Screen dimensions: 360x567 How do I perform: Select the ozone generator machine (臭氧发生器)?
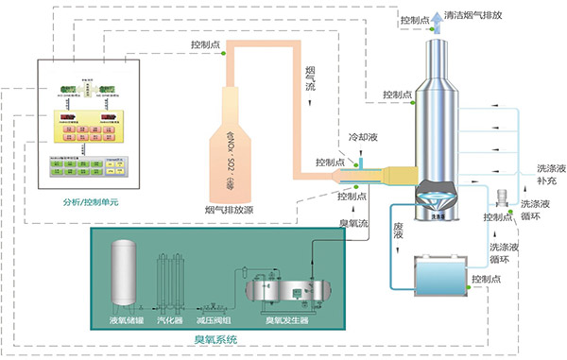[x=283, y=288]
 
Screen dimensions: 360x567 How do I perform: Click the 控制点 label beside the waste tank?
[x=489, y=281]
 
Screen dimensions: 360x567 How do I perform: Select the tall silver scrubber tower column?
[x=437, y=113]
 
